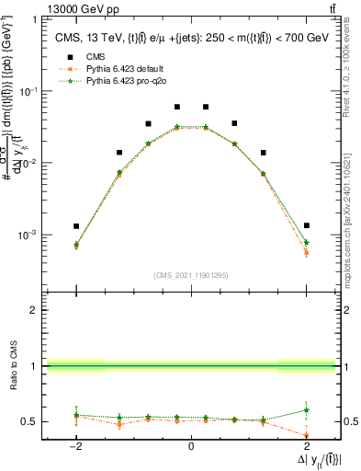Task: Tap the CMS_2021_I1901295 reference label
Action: point(191,274)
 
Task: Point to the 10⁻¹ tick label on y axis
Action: point(29,91)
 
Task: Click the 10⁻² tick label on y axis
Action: point(29,163)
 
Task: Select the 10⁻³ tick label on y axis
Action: point(29,235)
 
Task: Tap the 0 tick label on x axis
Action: point(191,447)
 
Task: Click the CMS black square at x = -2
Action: point(76,225)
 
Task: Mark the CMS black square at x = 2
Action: point(306,225)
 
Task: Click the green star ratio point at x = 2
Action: point(306,410)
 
